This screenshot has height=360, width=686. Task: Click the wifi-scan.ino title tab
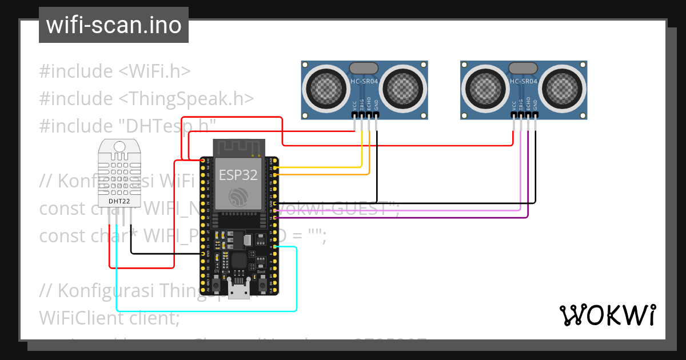(113, 25)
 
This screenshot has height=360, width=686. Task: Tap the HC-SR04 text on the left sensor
(364, 82)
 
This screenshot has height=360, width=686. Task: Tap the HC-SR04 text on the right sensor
(523, 82)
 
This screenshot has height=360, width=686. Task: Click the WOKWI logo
(607, 315)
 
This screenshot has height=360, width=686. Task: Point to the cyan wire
(297, 280)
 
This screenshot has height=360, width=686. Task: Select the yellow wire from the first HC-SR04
(320, 167)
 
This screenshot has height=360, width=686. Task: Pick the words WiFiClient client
(109, 318)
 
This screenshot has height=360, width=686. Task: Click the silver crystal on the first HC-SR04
(364, 67)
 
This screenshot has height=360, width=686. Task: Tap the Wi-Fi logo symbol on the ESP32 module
(238, 198)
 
